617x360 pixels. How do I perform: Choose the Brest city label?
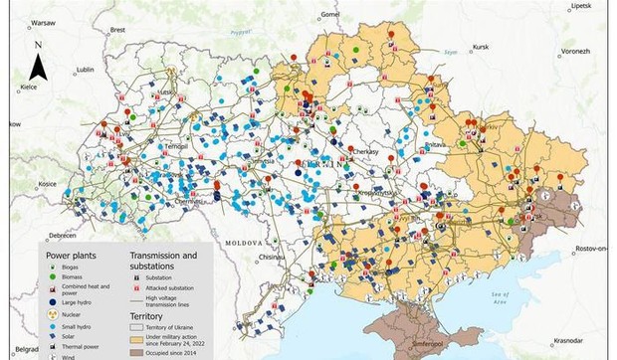tap(118, 30)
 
